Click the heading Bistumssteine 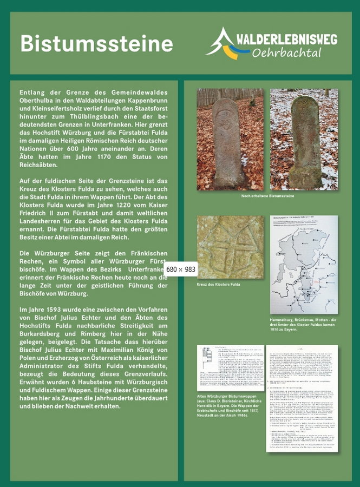[96, 43]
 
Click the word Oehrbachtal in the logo [286, 53]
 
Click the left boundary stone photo [230, 139]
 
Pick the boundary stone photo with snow [304, 139]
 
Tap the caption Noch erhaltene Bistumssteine [267, 196]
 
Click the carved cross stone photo [230, 247]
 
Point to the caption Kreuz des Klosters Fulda [219, 284]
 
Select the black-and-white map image [304, 265]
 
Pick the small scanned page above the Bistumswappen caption [231, 367]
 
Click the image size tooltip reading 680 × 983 [180, 269]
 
